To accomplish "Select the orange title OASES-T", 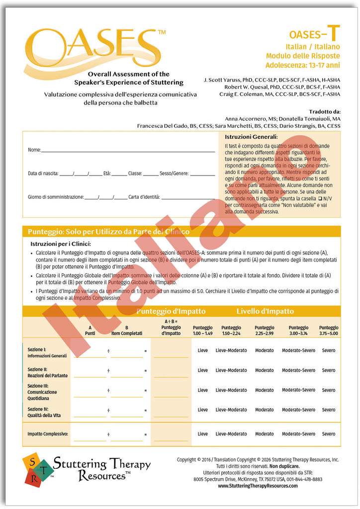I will [315, 34].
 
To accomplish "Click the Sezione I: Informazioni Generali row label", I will [47, 353].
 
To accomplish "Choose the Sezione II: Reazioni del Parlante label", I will [47, 373].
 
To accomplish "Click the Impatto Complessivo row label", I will [48, 434].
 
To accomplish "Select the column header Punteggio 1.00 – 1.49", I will [202, 331].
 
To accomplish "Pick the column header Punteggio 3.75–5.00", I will [329, 331].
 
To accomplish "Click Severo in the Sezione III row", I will [328, 390].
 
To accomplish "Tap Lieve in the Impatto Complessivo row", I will [203, 434].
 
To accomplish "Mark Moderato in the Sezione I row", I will [264, 350].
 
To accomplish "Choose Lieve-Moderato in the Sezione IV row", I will [231, 410].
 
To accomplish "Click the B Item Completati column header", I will [126, 331].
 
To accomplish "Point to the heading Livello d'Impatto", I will [265, 312].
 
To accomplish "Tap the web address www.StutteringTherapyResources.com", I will [258, 486].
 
